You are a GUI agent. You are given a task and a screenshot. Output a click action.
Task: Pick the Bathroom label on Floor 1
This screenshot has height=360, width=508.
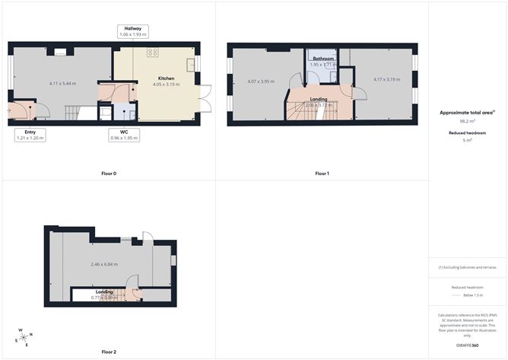pyautogui.click(x=322, y=58)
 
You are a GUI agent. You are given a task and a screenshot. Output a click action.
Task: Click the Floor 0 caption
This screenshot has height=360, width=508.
pyautogui.click(x=109, y=174)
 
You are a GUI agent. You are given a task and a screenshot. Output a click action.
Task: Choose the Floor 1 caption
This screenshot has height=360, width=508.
pyautogui.click(x=322, y=174)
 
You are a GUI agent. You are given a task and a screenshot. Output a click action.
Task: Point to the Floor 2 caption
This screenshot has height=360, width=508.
pyautogui.click(x=109, y=352)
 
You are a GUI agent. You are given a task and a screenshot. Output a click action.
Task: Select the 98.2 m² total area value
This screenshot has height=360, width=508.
pyautogui.click(x=467, y=121)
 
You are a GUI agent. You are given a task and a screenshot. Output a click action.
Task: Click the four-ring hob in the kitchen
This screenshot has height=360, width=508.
pyautogui.click(x=153, y=52)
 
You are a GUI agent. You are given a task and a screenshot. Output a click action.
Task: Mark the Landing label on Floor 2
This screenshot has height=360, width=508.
pyautogui.click(x=104, y=292)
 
